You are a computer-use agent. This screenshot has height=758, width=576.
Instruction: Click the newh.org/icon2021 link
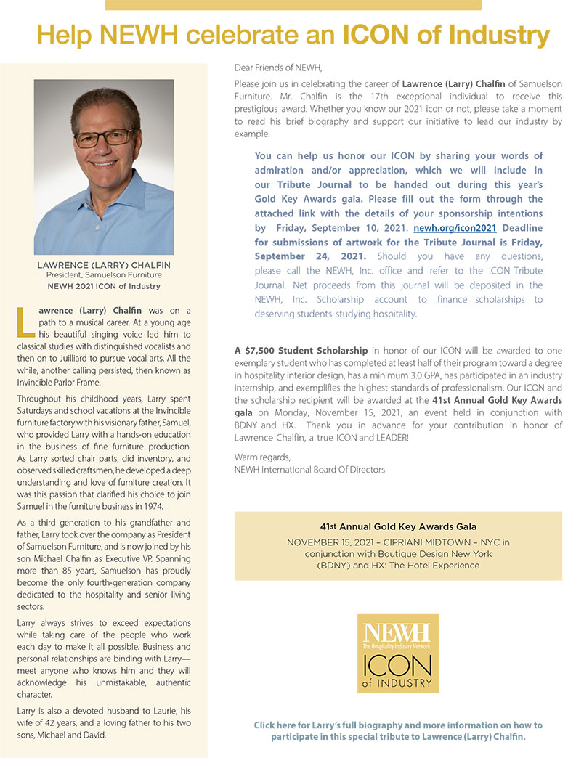click(x=455, y=227)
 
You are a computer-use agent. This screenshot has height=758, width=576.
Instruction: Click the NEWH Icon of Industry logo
click(x=397, y=653)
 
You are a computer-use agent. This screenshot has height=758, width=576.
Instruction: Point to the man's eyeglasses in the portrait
click(x=105, y=136)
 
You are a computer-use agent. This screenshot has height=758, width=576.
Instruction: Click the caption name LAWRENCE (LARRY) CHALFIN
click(x=104, y=265)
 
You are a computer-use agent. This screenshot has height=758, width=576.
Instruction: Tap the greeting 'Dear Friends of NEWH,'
click(x=277, y=68)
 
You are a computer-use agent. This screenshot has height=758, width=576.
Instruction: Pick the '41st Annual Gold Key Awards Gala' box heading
click(x=397, y=526)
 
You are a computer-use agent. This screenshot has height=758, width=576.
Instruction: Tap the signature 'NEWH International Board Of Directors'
click(x=309, y=469)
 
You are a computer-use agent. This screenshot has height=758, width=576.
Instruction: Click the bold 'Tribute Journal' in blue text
click(x=315, y=184)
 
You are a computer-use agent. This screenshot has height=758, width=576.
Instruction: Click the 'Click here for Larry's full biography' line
click(x=397, y=725)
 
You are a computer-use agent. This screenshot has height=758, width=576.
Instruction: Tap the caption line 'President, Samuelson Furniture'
click(x=104, y=275)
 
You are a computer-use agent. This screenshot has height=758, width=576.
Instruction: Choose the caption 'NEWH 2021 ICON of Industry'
click(x=104, y=286)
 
